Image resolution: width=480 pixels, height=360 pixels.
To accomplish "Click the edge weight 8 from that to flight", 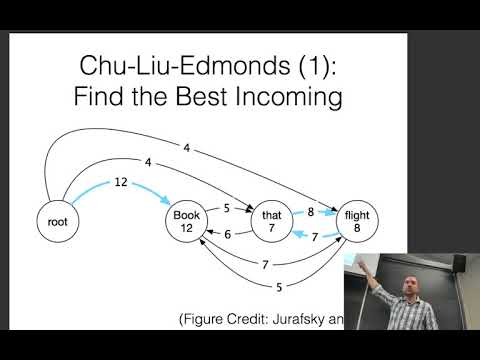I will pyautogui.click(x=312, y=211).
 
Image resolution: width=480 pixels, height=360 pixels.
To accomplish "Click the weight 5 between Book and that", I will pyautogui.click(x=228, y=208).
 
